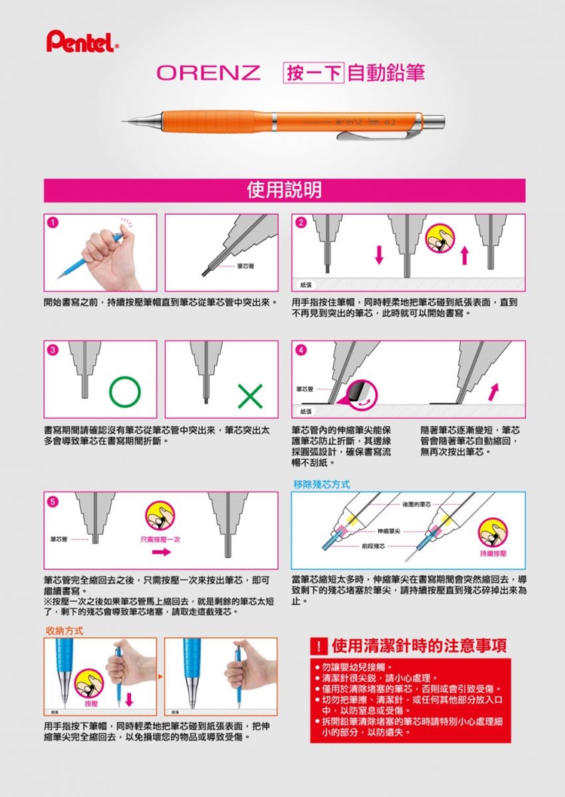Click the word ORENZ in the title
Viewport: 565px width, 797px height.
[x=208, y=74]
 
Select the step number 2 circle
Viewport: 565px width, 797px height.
[x=301, y=223]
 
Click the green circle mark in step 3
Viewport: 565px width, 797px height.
[x=124, y=391]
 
